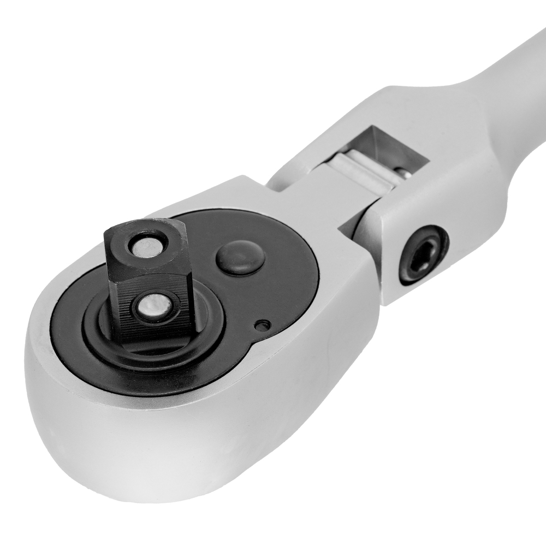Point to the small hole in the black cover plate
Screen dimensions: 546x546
click(263, 326)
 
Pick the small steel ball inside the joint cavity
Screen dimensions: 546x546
click(402, 174)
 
